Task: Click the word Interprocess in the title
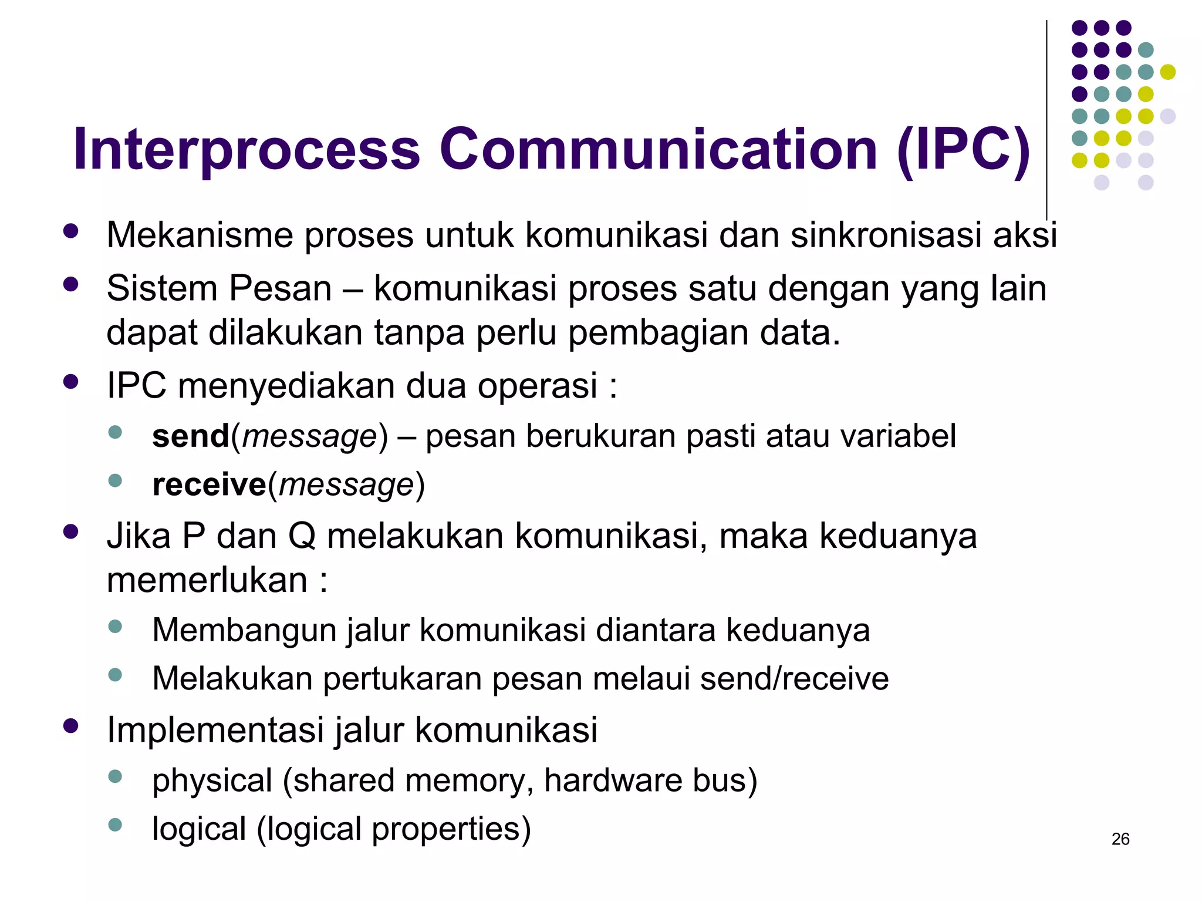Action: (247, 151)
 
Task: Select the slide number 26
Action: (1120, 839)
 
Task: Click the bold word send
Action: (191, 436)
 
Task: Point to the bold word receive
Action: (209, 485)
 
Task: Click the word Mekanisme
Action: (200, 235)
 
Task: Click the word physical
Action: (212, 781)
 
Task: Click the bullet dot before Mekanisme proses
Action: (71, 231)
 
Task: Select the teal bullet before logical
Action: (115, 825)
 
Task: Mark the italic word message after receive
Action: (346, 486)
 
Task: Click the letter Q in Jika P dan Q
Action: (302, 537)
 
